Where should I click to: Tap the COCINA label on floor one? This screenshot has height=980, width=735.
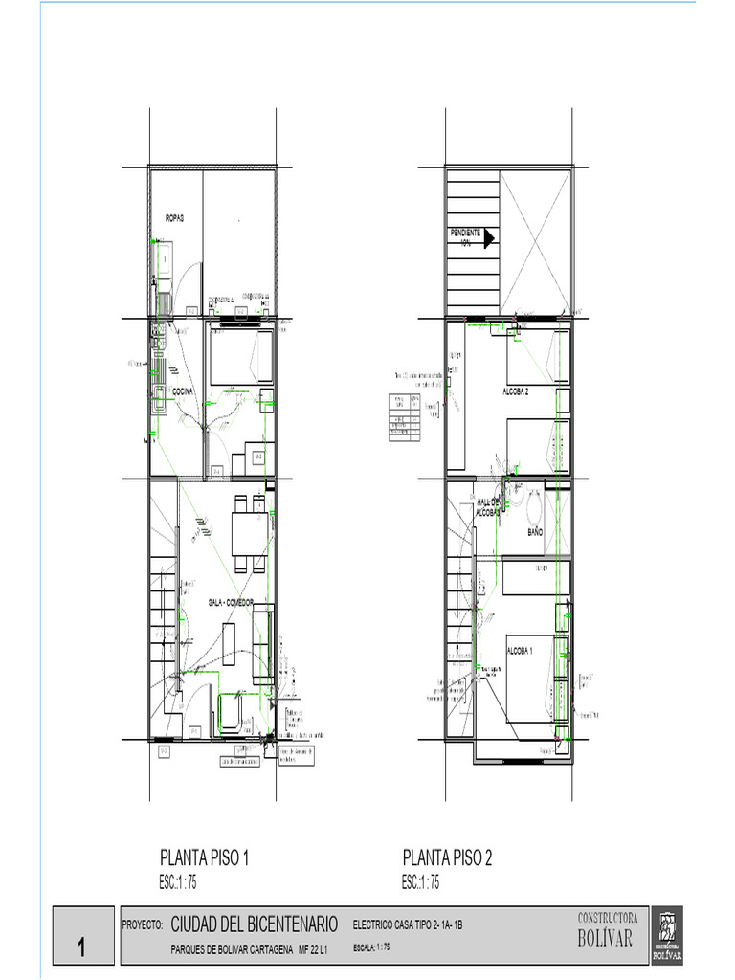click(183, 392)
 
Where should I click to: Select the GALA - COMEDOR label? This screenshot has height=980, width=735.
click(237, 602)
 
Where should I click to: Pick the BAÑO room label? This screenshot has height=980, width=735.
click(536, 531)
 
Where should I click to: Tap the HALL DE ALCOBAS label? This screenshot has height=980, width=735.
click(490, 507)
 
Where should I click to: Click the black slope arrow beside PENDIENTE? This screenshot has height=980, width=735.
click(488, 238)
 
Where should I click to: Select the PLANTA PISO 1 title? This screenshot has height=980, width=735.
click(204, 858)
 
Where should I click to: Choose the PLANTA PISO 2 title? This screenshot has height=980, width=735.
click(447, 858)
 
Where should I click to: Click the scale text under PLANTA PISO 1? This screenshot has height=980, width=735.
click(178, 883)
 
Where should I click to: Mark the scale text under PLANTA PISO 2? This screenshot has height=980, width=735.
click(421, 883)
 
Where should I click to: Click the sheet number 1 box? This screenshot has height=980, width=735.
click(82, 948)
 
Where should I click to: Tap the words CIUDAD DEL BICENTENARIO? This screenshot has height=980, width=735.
click(254, 924)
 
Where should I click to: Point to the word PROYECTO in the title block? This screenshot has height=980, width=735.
click(143, 926)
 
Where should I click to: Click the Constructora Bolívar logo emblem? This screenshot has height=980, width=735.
click(667, 934)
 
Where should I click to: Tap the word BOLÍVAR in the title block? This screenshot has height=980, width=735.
click(605, 939)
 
